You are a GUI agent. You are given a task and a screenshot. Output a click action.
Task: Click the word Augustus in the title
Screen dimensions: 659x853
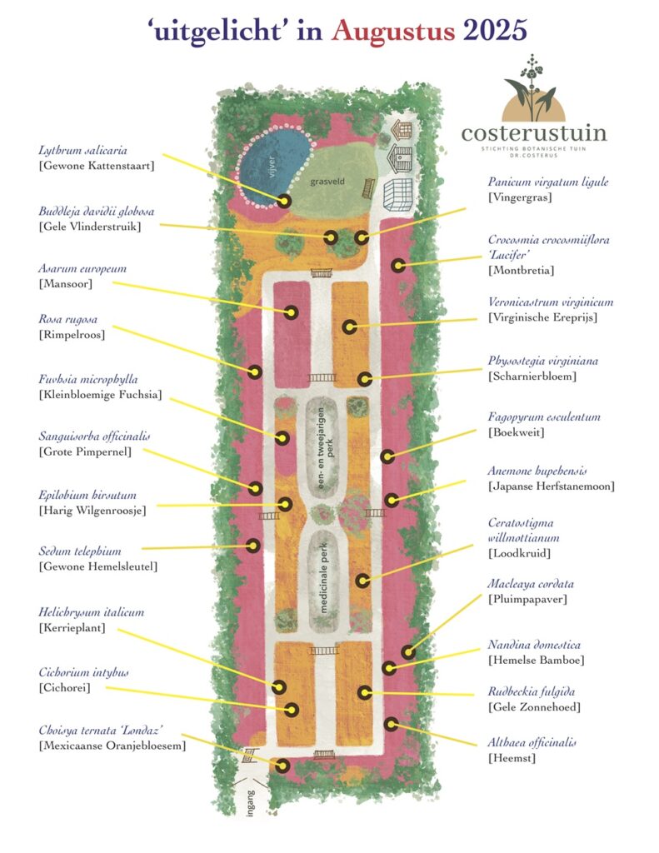click(x=393, y=31)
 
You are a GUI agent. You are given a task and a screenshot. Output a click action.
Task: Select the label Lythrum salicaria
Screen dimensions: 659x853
click(x=82, y=151)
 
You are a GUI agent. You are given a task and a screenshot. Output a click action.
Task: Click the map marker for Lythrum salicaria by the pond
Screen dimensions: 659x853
click(x=283, y=202)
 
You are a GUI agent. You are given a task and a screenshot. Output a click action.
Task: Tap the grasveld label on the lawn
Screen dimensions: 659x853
click(x=327, y=182)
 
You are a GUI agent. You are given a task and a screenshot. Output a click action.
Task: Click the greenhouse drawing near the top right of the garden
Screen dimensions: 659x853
click(x=397, y=195)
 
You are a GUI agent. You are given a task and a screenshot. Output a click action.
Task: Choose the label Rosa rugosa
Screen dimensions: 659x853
click(x=68, y=319)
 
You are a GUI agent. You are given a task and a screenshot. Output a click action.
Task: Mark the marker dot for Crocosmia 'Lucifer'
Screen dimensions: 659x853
click(x=399, y=266)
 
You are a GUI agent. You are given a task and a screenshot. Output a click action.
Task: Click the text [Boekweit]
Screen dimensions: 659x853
click(x=516, y=432)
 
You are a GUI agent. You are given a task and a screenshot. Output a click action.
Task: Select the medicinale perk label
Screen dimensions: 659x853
click(x=324, y=578)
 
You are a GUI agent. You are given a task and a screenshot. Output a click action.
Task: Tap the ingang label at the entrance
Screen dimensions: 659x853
click(x=250, y=803)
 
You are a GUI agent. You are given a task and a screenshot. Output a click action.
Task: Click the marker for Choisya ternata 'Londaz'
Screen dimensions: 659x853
click(x=282, y=766)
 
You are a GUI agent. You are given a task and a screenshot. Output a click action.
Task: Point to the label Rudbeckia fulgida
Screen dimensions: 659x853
click(x=532, y=692)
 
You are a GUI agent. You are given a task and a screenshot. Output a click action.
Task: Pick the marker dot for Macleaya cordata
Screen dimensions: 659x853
click(x=408, y=651)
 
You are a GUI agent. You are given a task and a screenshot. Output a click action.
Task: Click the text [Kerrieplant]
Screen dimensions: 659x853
click(x=72, y=628)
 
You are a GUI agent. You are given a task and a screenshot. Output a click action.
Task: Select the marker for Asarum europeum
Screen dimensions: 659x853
click(x=291, y=312)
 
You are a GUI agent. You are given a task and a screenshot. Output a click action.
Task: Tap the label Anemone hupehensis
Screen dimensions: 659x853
click(x=537, y=471)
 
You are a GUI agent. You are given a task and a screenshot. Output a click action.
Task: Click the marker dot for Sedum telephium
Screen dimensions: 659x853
click(x=253, y=545)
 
